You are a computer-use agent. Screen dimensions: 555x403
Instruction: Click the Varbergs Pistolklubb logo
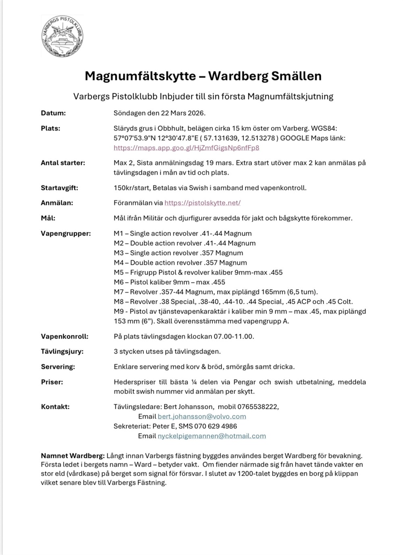pos(62,37)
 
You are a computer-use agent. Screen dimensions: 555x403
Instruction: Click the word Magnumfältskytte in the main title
pos(140,76)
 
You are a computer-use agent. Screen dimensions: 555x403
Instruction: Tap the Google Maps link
pos(186,148)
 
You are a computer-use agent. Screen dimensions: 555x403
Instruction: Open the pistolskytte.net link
pos(202,203)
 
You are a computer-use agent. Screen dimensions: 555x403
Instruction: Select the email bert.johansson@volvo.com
pos(201,416)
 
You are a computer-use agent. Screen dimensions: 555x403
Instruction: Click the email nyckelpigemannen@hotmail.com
pos(212,436)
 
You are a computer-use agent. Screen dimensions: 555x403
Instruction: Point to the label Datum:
pos(53,113)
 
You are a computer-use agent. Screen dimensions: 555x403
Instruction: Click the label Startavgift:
pos(59,188)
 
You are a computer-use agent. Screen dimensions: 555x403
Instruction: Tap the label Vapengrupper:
pos(66,234)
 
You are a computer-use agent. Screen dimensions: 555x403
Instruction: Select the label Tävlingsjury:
pos(62,351)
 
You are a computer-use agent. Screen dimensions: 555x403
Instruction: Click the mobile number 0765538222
pos(258,407)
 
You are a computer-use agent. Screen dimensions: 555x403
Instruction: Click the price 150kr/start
pos(133,188)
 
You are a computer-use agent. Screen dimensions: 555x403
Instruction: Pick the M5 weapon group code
pos(118,272)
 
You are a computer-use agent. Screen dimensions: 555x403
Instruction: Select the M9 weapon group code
pos(118,311)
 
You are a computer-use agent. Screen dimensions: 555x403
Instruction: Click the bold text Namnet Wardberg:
pos(73,456)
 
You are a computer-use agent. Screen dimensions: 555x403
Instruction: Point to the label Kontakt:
pos(55,407)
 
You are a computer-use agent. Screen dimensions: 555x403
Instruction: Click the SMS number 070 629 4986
pos(215,426)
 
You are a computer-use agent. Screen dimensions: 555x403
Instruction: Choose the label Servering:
pos(58,367)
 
